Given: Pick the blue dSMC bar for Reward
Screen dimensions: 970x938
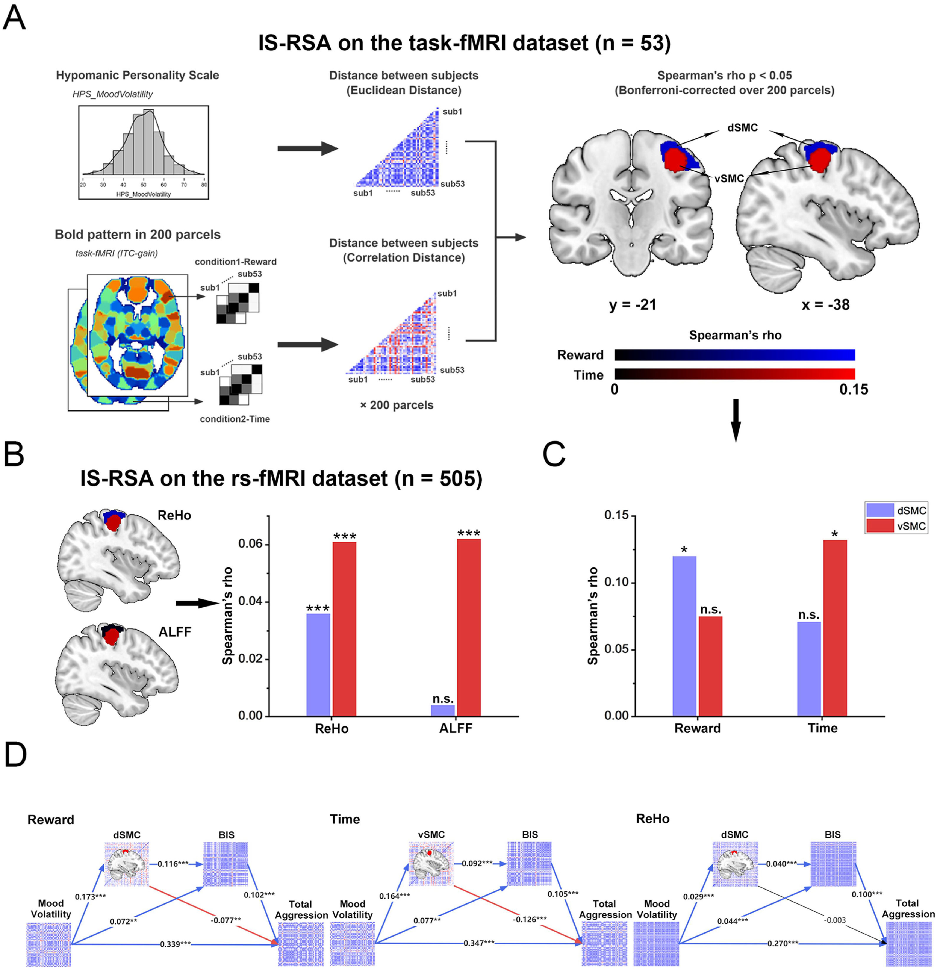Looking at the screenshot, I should (684, 636).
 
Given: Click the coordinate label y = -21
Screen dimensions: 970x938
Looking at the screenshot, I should (632, 304).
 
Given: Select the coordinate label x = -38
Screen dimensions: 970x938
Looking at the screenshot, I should (825, 304).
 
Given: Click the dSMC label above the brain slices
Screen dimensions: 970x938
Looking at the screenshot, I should (742, 128).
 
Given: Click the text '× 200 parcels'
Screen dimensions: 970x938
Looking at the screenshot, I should (396, 405).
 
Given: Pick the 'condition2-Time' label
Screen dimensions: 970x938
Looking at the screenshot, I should (235, 419).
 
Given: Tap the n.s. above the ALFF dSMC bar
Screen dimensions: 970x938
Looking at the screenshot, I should (443, 698).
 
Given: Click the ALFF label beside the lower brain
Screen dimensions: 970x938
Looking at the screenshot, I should (175, 632).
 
